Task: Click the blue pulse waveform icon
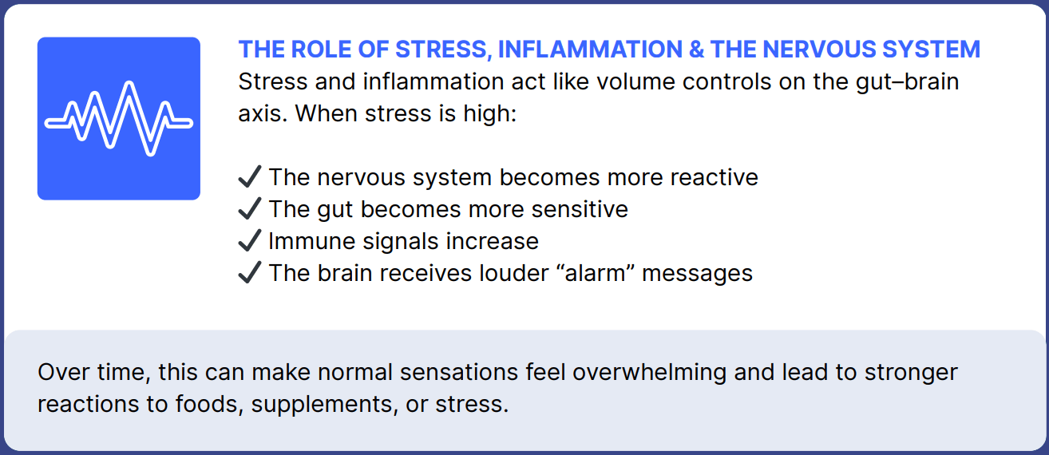coord(118,118)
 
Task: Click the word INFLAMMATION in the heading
coord(590,49)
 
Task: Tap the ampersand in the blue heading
coord(696,49)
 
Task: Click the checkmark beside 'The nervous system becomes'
coord(250,177)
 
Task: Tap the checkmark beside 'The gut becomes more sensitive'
coord(250,209)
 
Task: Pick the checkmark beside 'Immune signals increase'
coord(250,240)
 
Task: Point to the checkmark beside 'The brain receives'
coord(250,272)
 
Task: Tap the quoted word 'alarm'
coord(595,273)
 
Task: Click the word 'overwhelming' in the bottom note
coord(649,373)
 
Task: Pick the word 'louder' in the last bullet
coord(514,273)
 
